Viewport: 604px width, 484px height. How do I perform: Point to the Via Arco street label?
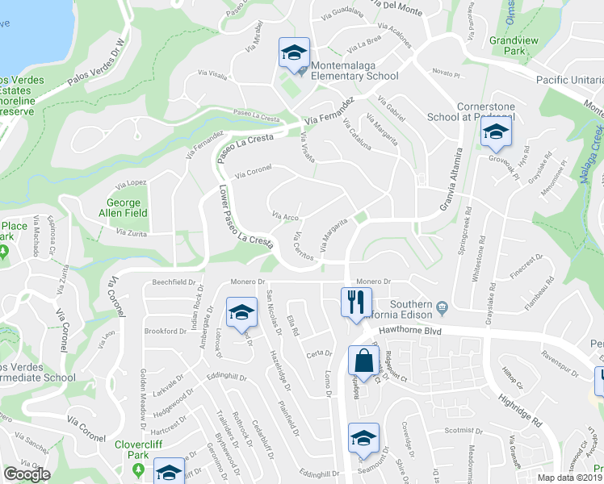(x=286, y=216)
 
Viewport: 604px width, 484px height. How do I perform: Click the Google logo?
(x=27, y=474)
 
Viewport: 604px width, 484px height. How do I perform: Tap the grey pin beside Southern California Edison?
(x=442, y=307)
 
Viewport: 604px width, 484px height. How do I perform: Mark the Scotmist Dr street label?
(x=463, y=430)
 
